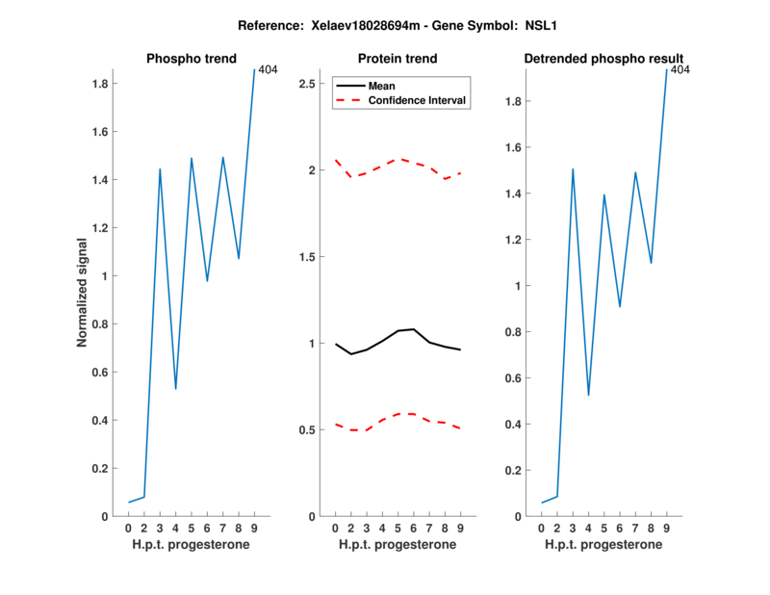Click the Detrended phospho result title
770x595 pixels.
tap(603, 59)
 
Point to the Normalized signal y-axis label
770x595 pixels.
tap(83, 293)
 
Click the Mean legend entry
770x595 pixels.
tap(381, 86)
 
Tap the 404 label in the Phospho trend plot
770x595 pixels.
tap(268, 70)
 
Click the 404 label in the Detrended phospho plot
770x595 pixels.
tap(680, 70)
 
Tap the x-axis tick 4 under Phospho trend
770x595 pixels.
tap(175, 529)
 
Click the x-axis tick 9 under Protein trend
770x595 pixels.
tap(460, 529)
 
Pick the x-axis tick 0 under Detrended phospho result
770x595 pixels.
tap(541, 529)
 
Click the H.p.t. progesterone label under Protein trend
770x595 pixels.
tap(397, 544)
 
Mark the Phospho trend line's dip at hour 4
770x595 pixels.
tap(175, 389)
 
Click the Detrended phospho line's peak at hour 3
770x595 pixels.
tap(573, 169)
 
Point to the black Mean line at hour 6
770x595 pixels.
tap(413, 329)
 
